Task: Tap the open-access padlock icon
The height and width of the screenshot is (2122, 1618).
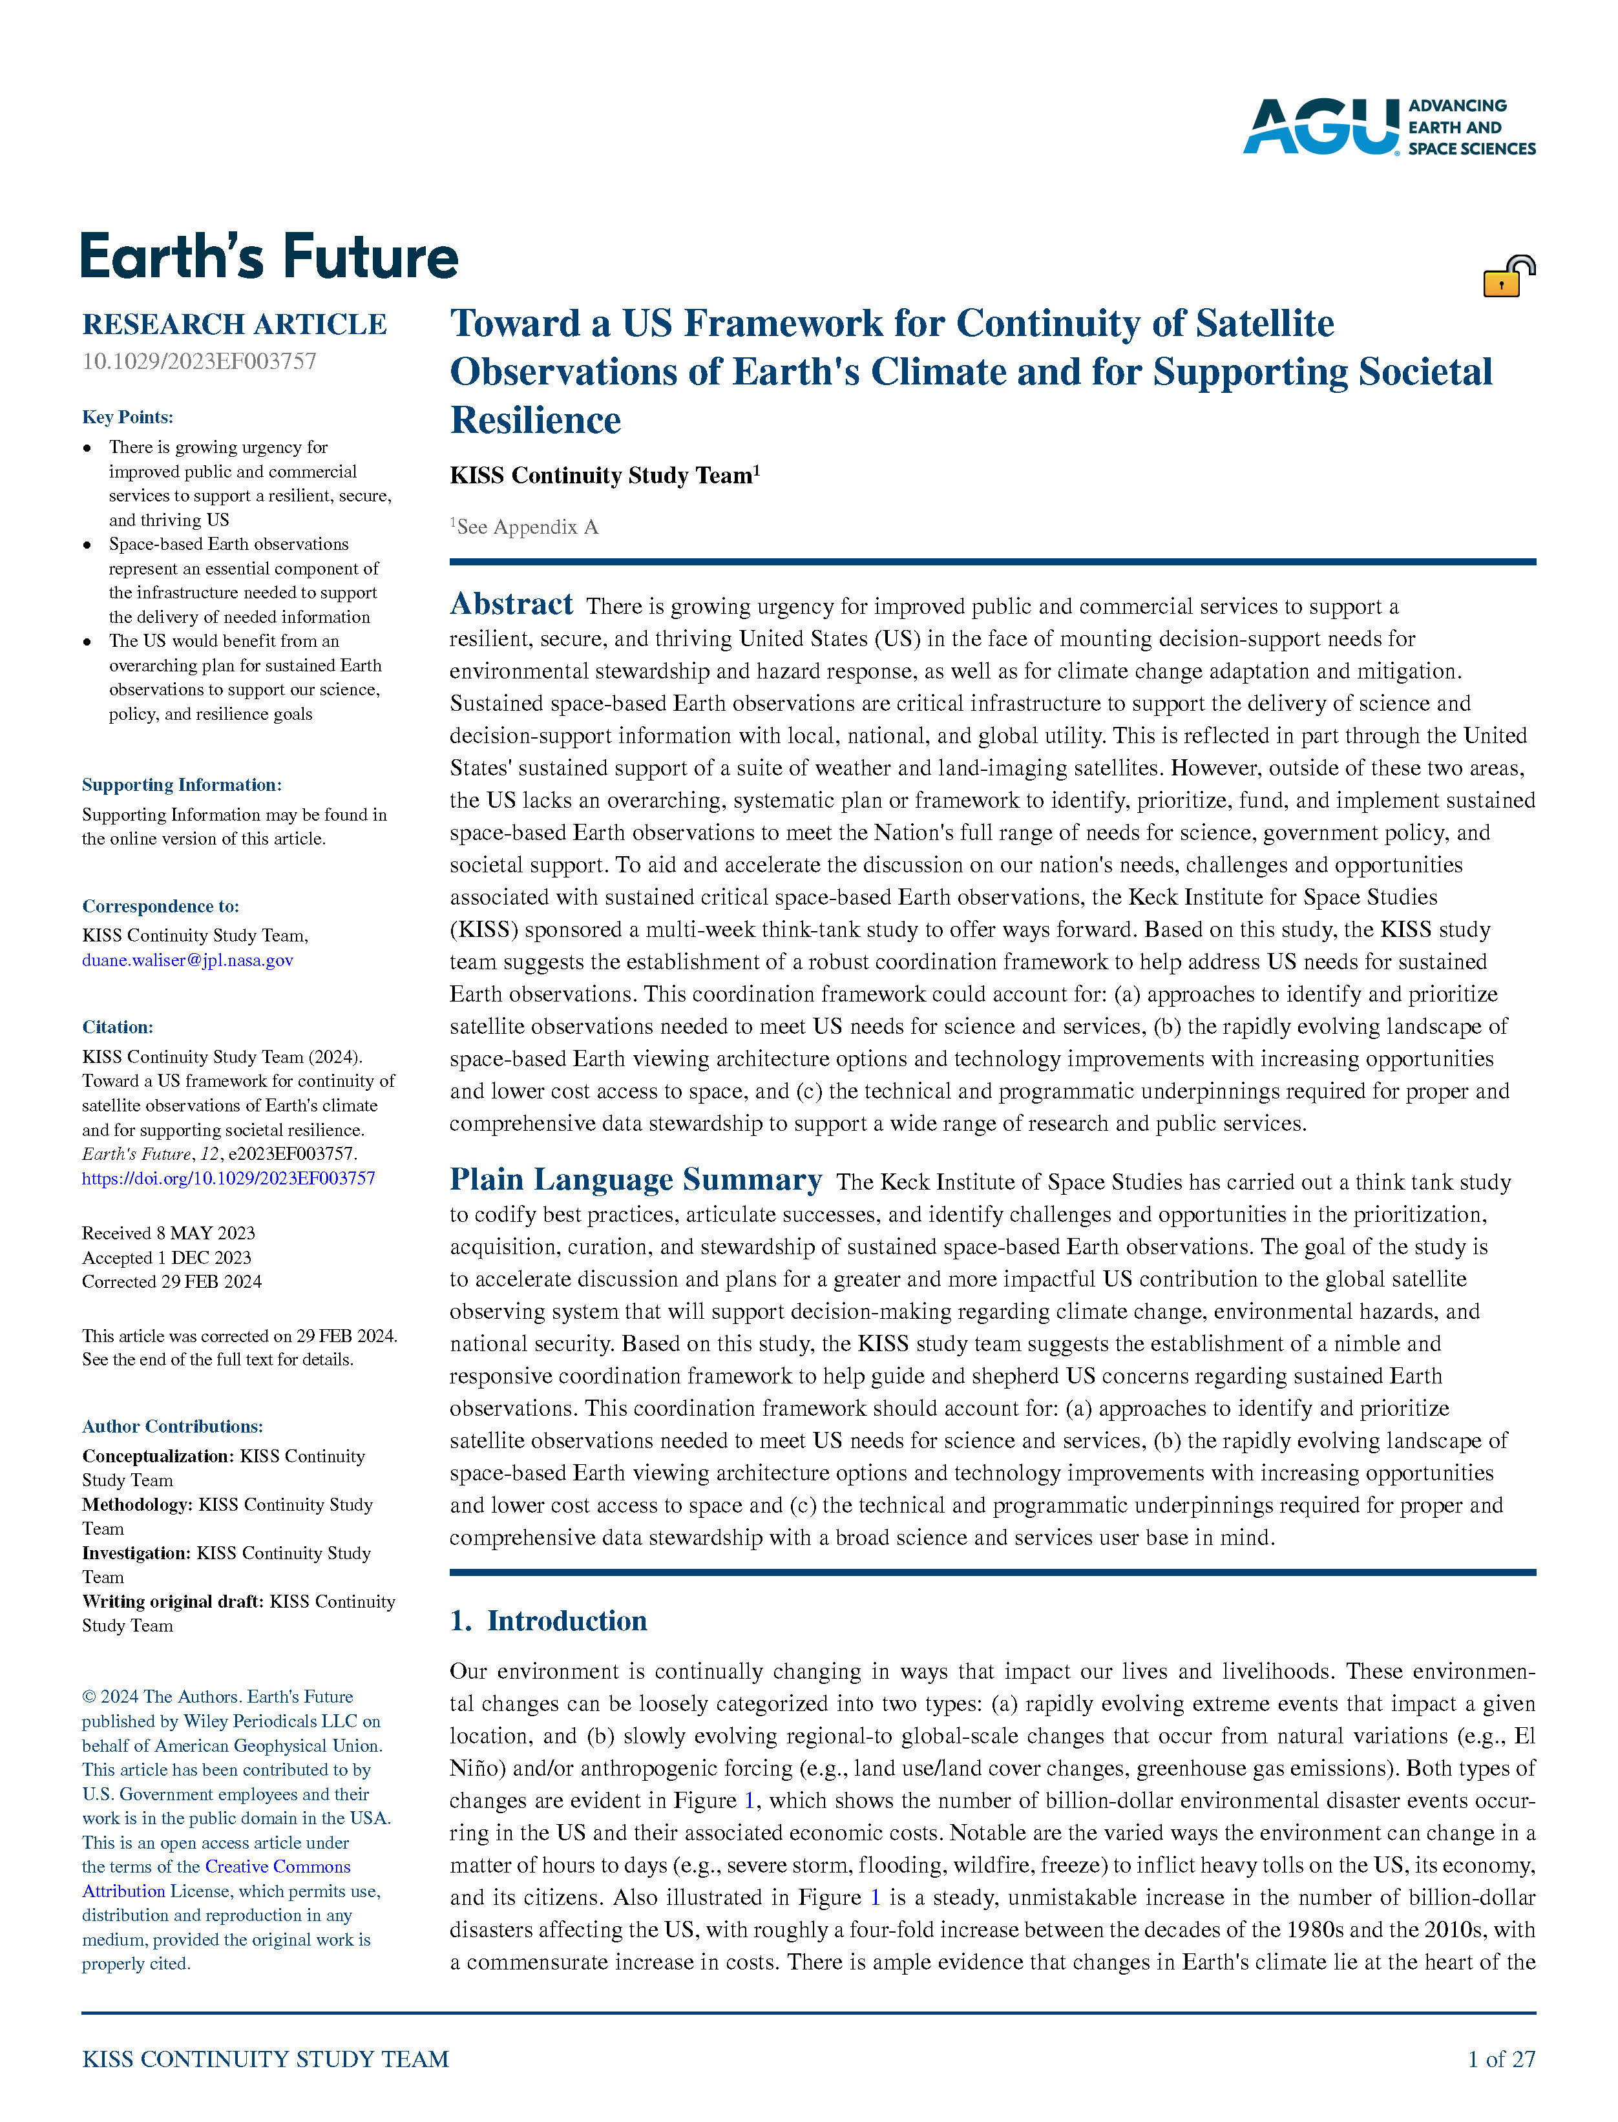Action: (x=1508, y=277)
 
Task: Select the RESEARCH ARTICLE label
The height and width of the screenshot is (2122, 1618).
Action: (x=234, y=324)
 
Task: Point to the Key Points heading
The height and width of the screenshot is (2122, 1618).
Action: (x=127, y=417)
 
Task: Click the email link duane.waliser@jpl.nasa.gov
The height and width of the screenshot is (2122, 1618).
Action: (x=188, y=960)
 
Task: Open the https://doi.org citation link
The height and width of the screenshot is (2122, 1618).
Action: (x=228, y=1178)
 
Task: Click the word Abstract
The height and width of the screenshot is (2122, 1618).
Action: (x=511, y=604)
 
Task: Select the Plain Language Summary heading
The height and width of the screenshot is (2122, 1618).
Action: (x=636, y=1180)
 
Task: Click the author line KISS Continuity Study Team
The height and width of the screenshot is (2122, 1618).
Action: (x=601, y=476)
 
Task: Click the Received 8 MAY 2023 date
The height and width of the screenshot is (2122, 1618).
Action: (x=169, y=1234)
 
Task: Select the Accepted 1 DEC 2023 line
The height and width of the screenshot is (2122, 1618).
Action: (x=167, y=1258)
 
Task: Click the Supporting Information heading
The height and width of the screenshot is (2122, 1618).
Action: (x=182, y=785)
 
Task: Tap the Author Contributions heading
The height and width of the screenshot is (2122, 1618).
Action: (x=173, y=1427)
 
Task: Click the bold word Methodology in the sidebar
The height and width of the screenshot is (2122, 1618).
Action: (x=137, y=1504)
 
